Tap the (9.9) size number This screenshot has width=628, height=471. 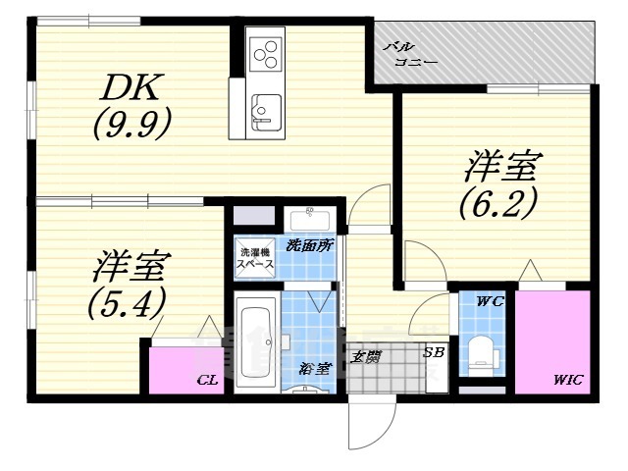click(133, 124)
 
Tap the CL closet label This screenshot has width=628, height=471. click(206, 378)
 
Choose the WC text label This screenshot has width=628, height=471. click(492, 301)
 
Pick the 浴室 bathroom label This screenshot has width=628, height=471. click(316, 369)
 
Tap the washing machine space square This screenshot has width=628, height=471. click(253, 257)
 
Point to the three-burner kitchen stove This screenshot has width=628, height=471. click(266, 51)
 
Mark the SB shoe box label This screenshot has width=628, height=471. click(432, 350)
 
